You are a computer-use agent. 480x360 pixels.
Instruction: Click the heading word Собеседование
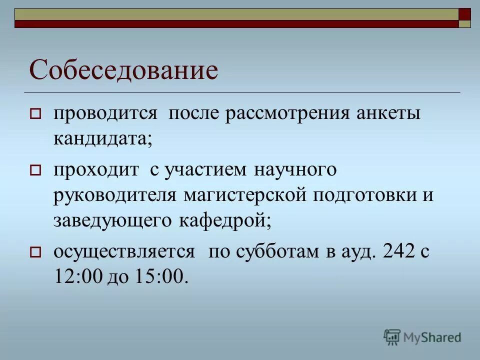[x=124, y=70]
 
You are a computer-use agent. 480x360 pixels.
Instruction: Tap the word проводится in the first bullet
[x=105, y=113]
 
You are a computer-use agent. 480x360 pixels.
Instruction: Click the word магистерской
[x=244, y=194]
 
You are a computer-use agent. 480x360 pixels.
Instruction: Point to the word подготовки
[x=363, y=194]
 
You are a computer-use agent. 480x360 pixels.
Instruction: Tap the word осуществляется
[x=124, y=251]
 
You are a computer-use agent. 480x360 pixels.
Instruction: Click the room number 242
[x=398, y=251]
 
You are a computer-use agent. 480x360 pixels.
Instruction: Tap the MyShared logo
[x=423, y=337]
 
